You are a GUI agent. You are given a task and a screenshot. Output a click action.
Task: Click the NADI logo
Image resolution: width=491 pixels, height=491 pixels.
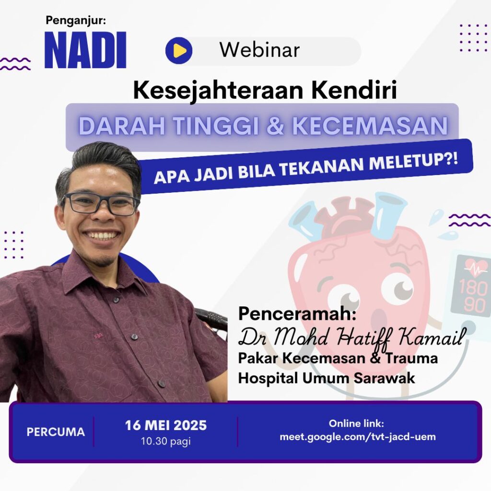click(85, 50)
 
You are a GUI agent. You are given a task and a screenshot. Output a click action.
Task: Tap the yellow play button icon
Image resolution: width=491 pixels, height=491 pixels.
click(179, 50)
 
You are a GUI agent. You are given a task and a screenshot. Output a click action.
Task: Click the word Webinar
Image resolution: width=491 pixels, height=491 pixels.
click(259, 50)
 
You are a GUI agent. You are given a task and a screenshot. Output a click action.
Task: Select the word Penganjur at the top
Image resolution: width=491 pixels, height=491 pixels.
click(76, 21)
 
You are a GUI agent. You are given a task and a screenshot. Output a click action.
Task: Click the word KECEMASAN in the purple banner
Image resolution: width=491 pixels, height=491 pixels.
click(370, 125)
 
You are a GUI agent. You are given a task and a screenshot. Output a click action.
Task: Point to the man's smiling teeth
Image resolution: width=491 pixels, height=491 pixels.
click(102, 235)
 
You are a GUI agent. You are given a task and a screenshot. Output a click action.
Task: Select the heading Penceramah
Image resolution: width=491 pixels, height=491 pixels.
click(297, 314)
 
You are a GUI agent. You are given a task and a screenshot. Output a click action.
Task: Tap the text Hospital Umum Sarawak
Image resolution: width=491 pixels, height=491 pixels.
click(326, 378)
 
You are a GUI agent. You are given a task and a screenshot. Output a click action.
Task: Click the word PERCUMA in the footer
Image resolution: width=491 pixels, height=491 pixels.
click(56, 432)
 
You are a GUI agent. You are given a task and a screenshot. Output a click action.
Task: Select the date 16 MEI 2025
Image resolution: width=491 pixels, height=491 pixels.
click(166, 425)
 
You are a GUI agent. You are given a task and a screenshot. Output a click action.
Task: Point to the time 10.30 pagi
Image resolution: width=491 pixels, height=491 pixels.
click(166, 441)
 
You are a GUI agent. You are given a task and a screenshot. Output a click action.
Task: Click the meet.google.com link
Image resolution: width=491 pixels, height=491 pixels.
click(358, 436)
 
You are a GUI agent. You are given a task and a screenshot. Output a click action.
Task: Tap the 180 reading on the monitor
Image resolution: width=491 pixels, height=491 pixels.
click(473, 287)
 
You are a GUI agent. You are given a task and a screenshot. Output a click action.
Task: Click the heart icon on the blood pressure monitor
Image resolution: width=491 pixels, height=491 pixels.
click(476, 267)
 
